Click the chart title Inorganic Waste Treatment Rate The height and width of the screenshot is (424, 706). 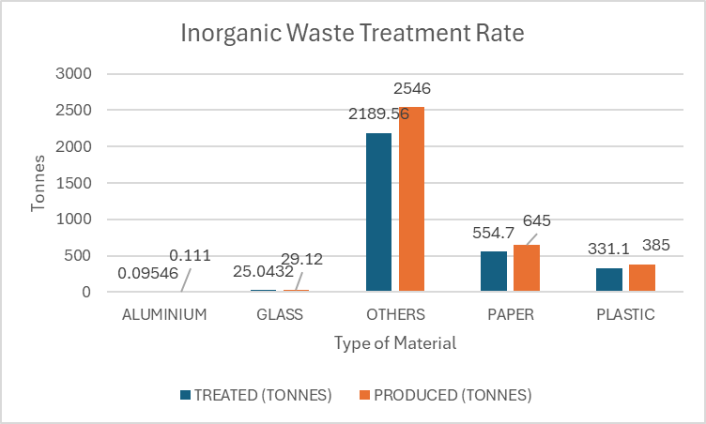(x=352, y=35)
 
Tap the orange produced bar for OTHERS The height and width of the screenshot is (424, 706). (x=411, y=199)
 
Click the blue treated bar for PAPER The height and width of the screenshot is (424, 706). (x=493, y=271)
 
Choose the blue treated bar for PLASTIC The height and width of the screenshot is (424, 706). (x=609, y=280)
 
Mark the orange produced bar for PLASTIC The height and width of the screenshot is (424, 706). (x=642, y=278)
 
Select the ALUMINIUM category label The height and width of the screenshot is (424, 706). (x=164, y=314)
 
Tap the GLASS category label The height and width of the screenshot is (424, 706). (x=280, y=314)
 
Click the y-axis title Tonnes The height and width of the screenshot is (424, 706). (x=38, y=183)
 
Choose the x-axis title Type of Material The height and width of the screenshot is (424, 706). (x=395, y=343)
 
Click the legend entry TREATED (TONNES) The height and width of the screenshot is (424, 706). (x=254, y=395)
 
